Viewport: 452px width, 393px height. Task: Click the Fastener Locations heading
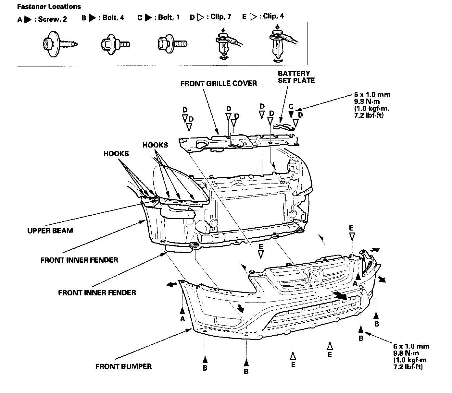pos(49,6)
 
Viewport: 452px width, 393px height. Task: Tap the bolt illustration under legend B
pos(116,43)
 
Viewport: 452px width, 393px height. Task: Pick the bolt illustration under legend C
pos(172,43)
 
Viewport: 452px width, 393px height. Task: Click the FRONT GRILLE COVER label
pos(219,83)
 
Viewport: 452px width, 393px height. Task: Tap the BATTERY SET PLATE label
pos(296,77)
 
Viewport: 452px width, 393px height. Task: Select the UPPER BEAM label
pos(50,231)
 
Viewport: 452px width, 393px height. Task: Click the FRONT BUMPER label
pos(123,366)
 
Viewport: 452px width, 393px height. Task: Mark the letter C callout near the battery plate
pos(291,107)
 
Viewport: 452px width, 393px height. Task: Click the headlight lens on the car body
pos(182,185)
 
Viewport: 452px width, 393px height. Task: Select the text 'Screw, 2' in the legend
pos(53,19)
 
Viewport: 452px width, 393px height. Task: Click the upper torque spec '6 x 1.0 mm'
pos(372,95)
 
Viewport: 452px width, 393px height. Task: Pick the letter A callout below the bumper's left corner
pos(182,319)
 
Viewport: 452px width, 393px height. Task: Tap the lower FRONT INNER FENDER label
pos(97,293)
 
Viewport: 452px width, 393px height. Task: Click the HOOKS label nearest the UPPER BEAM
pos(116,153)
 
